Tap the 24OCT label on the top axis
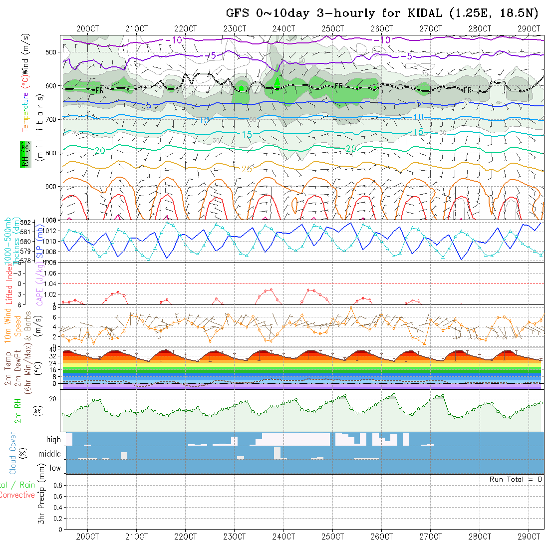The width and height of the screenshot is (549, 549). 283,29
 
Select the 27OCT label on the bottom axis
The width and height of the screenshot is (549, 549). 430,537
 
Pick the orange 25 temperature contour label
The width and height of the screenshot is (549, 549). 247,169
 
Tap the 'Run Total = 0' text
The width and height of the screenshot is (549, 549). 516,479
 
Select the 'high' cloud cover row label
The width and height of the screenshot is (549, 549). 53,440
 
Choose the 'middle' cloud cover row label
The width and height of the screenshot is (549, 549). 50,454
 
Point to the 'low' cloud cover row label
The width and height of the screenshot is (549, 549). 55,468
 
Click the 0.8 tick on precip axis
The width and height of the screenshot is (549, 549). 57,485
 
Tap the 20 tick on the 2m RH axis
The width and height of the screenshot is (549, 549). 52,399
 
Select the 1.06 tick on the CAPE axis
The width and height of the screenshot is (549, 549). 50,273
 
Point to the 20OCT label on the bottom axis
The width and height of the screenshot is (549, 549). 88,537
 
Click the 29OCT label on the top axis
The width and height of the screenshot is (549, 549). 529,29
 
